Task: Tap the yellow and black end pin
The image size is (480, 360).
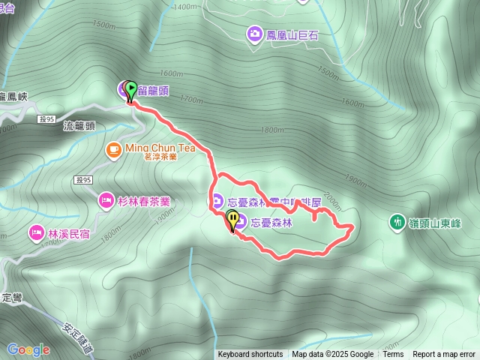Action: (x=233, y=220)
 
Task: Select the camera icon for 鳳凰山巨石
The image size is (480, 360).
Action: (x=254, y=34)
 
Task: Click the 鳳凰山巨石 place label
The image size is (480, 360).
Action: (x=289, y=34)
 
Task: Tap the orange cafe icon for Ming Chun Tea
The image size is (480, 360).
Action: (x=113, y=148)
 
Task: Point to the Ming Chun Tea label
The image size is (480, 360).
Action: (x=160, y=148)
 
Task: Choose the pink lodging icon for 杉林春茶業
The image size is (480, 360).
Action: (x=105, y=201)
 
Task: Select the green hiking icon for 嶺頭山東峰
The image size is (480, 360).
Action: (x=396, y=222)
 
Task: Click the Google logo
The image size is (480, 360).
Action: (x=28, y=349)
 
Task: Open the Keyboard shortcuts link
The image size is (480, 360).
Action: (x=250, y=355)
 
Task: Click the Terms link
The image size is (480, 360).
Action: (x=393, y=355)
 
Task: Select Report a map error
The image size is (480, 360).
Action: (x=444, y=355)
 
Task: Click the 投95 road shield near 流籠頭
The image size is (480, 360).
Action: (x=46, y=119)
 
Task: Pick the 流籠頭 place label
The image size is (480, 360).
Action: (x=79, y=127)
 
